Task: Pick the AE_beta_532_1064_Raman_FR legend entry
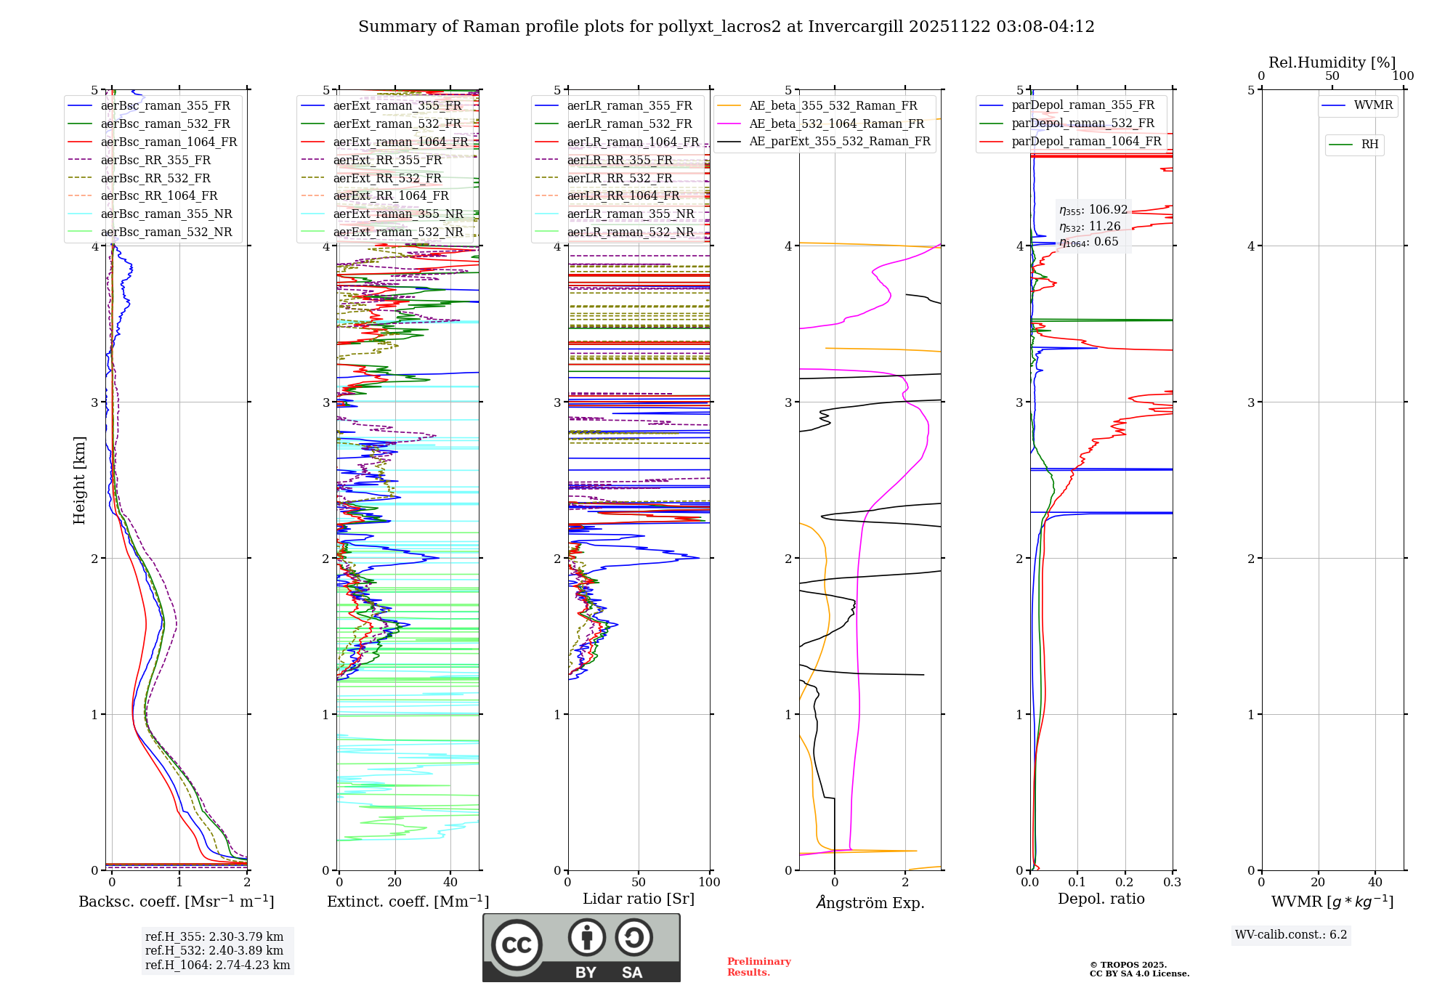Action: coord(836,124)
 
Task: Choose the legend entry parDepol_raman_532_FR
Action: coord(1082,123)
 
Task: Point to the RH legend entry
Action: coord(1369,145)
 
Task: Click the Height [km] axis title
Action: coord(79,480)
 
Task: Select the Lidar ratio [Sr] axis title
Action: coord(639,899)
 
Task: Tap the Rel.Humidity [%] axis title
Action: coord(1332,62)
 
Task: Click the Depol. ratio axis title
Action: coord(1101,899)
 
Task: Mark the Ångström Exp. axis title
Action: coord(870,902)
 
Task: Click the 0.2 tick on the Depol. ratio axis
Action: coord(1125,882)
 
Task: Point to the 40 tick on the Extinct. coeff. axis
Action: coord(450,882)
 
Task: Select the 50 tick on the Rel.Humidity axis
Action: coord(1332,76)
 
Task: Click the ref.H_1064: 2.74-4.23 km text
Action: coord(217,965)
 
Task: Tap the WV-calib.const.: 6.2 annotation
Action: coord(1291,935)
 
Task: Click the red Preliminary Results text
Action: coord(758,967)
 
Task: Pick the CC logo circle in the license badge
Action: coord(517,944)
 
